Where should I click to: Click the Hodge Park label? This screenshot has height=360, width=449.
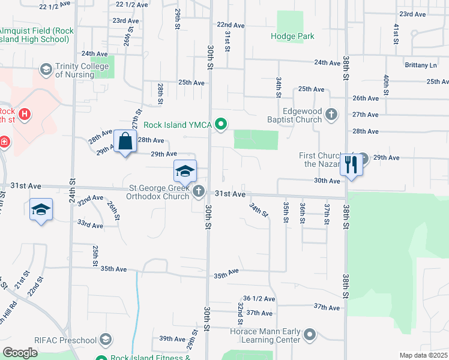pos(292,37)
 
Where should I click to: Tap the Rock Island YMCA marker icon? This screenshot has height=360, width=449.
pos(221,125)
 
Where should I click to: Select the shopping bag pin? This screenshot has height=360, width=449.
pos(125,143)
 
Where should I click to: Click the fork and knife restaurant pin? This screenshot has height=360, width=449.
pos(351,164)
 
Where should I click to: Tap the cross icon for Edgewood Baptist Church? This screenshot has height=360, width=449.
pos(331,114)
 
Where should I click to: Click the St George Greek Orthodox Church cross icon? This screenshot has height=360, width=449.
pos(199,192)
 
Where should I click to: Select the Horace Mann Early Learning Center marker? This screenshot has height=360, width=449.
pos(310,334)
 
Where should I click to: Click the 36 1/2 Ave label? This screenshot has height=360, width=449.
pos(259,298)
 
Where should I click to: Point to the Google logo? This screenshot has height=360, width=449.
pos(19,353)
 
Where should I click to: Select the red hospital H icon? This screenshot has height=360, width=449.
pos(25,114)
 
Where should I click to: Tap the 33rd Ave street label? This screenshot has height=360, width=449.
pos(90,225)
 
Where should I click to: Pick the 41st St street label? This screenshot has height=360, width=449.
pos(396,30)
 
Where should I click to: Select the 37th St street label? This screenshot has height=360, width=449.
pos(327,214)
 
